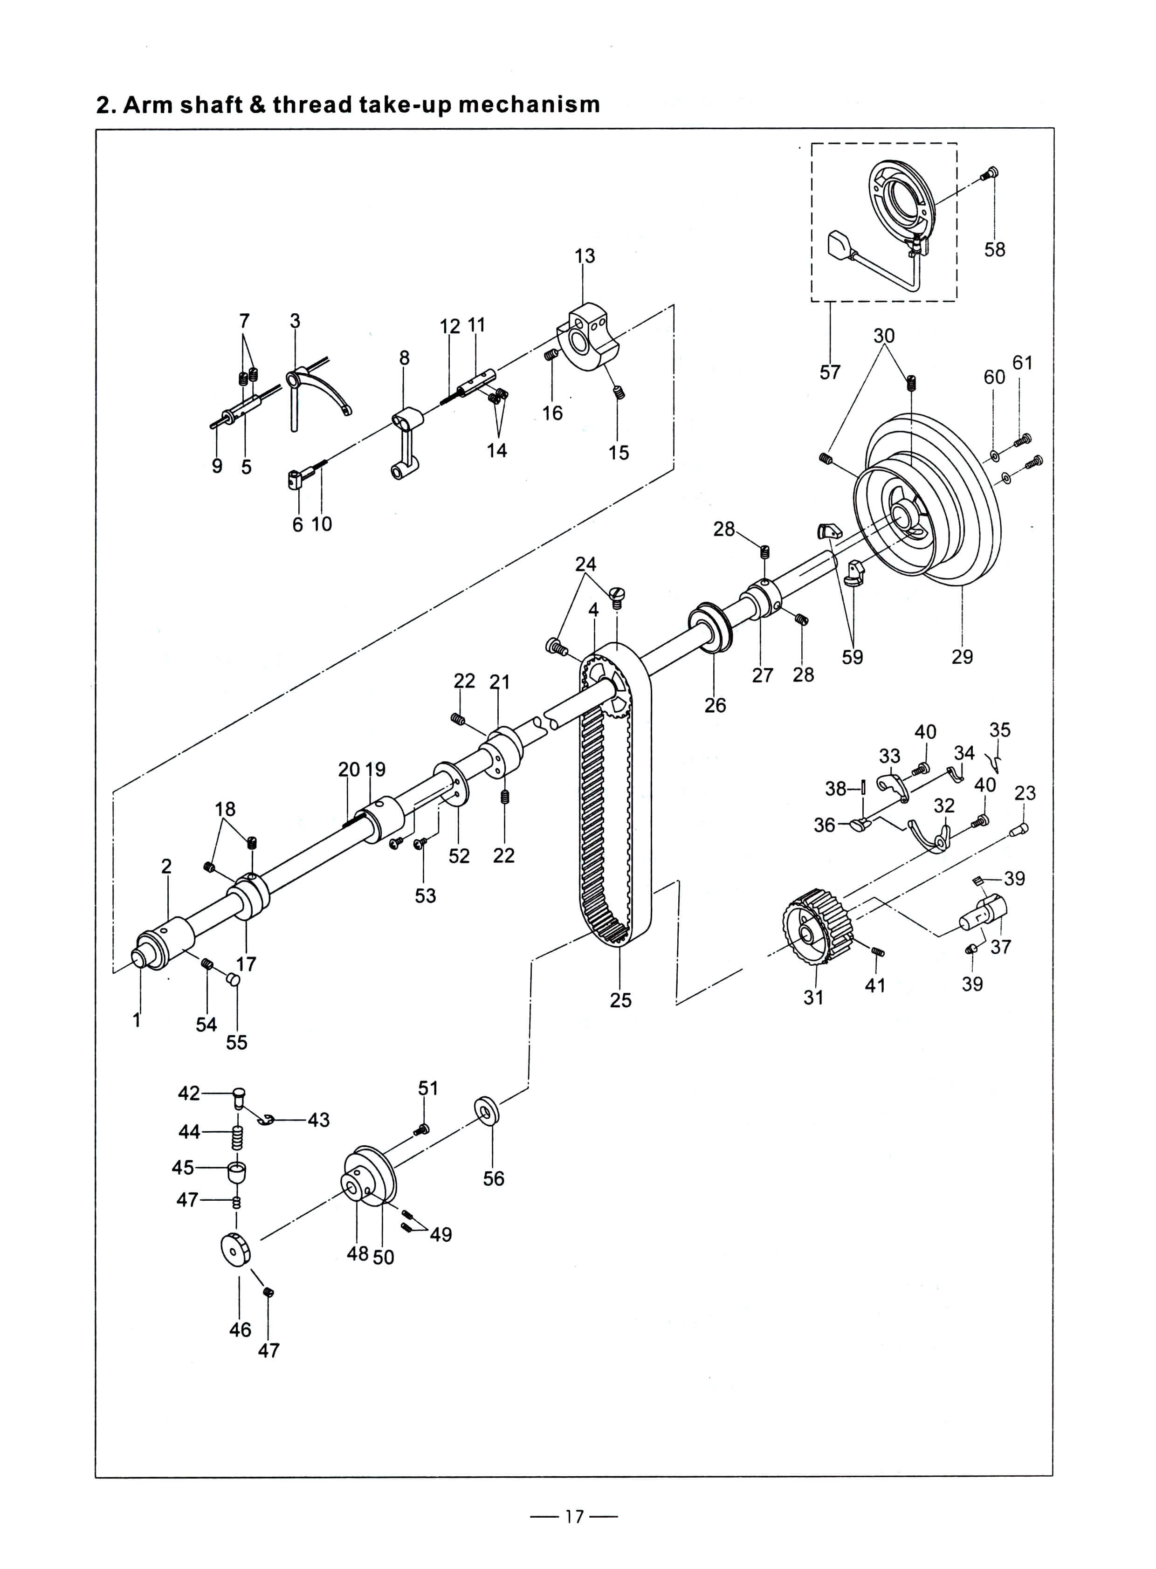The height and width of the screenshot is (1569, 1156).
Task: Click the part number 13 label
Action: pos(585,256)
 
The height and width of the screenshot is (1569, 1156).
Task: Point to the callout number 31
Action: pos(813,997)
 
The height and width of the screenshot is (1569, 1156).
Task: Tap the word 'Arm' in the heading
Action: pos(148,104)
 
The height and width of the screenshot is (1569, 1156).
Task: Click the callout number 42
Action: pos(189,1093)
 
